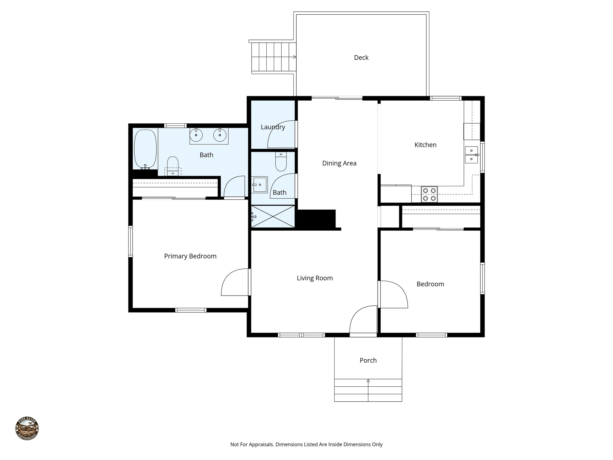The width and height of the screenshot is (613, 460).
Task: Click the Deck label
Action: (361, 57)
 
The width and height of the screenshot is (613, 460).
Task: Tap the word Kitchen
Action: (425, 145)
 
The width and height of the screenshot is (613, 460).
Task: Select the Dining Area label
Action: (339, 163)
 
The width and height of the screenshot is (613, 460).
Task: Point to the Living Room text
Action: (315, 278)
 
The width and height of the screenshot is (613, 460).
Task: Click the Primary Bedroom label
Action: (190, 256)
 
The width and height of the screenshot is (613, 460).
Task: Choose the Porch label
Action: (368, 360)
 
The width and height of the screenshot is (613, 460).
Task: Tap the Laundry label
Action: (273, 127)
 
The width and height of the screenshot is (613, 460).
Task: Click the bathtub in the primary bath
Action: (145, 149)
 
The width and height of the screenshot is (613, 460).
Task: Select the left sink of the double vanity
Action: (196, 135)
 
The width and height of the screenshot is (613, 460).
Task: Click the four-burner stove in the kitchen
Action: (429, 194)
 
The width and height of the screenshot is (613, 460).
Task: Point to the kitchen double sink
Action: (471, 155)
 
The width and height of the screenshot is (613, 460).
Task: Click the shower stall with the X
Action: (273, 216)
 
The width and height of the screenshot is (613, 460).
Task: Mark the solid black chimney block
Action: (316, 219)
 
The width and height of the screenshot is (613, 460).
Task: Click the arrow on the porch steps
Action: (368, 381)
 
